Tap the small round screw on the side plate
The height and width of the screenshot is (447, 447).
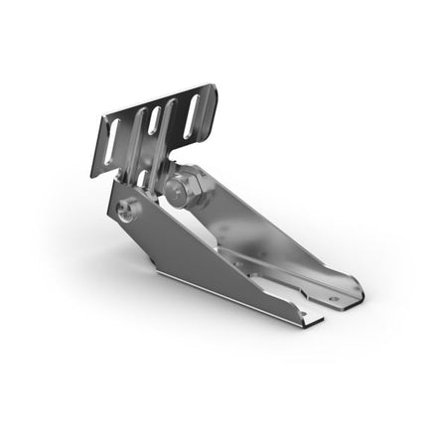tap(127, 210)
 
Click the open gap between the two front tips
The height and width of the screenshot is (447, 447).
tap(328, 311)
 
